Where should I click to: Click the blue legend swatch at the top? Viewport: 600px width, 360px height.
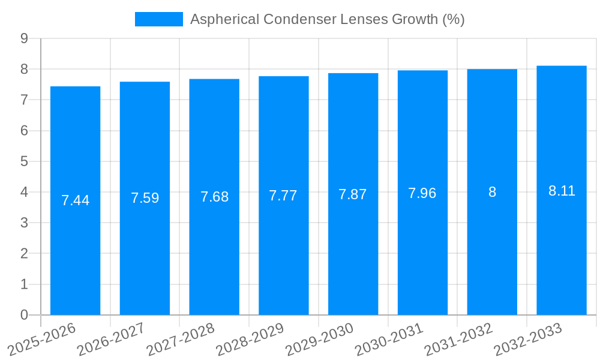(x=158, y=19)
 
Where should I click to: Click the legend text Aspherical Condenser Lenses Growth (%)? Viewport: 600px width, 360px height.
(x=327, y=19)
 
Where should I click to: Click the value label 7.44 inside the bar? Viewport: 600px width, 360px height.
(x=75, y=200)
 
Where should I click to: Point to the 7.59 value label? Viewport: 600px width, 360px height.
(x=145, y=198)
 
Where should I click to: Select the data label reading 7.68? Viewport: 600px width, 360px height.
(x=214, y=197)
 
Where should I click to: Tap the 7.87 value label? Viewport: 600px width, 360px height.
(x=353, y=194)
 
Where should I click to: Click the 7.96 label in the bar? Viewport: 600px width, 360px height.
(x=422, y=193)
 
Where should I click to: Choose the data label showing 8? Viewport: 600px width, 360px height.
(x=492, y=192)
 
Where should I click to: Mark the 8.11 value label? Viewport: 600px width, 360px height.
(x=562, y=191)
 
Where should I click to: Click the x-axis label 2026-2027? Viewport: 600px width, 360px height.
(x=110, y=339)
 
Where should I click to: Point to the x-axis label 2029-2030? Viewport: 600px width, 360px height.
(x=319, y=339)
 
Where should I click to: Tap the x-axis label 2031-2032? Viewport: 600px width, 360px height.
(x=458, y=339)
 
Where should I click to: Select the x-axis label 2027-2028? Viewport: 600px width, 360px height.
(x=180, y=339)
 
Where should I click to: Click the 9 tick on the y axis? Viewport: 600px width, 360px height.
(x=24, y=38)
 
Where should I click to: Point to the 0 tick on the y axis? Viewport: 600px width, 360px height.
(x=24, y=315)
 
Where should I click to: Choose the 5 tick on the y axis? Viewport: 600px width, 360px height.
(x=24, y=161)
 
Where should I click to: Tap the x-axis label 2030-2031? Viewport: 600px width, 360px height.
(x=389, y=339)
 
